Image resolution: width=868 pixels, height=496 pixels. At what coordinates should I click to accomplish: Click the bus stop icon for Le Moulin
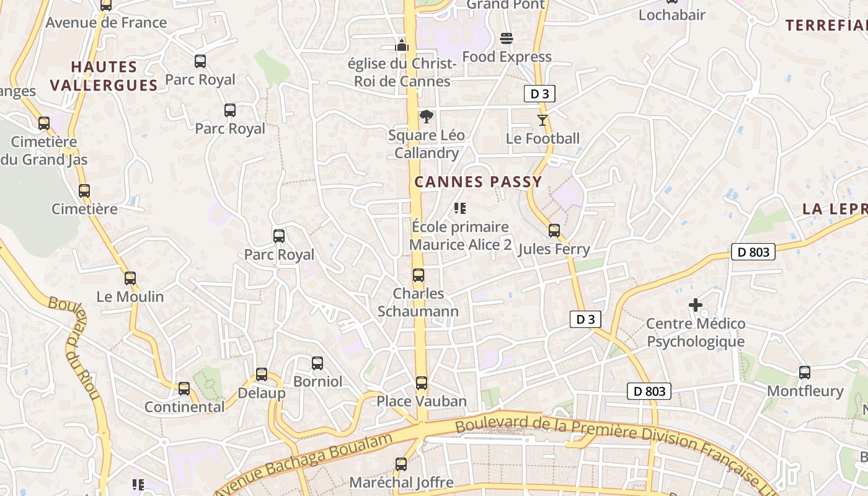click(130, 278)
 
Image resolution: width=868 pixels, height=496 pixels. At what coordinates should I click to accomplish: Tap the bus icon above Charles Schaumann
click(419, 275)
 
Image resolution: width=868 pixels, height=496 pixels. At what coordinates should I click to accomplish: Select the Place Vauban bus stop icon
click(422, 383)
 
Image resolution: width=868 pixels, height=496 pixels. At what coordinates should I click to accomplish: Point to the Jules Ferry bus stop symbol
click(554, 231)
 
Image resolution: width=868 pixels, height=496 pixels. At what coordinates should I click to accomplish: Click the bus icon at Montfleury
click(805, 373)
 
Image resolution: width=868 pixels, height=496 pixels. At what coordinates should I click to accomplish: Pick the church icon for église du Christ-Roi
click(402, 45)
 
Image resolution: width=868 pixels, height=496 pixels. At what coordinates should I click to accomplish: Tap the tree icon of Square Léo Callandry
click(426, 117)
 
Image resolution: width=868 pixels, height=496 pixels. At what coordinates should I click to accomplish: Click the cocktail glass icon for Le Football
click(542, 120)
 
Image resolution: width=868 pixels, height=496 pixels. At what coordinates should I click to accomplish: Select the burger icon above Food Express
click(507, 38)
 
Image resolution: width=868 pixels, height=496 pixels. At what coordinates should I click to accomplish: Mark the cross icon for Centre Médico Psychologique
click(696, 305)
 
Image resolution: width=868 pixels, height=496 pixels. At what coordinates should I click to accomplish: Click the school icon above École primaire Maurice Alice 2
click(460, 208)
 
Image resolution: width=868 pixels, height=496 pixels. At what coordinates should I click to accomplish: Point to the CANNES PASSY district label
click(478, 182)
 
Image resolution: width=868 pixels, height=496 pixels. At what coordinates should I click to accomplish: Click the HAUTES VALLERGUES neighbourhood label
click(104, 76)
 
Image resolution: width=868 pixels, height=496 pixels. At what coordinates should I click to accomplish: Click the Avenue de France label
click(106, 23)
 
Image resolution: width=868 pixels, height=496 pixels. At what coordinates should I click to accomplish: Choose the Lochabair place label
click(671, 15)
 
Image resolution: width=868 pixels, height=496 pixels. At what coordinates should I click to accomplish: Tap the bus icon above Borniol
click(317, 363)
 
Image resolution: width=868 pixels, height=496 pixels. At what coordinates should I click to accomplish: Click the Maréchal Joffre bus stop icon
click(401, 464)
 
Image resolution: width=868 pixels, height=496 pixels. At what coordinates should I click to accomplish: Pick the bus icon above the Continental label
click(184, 389)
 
